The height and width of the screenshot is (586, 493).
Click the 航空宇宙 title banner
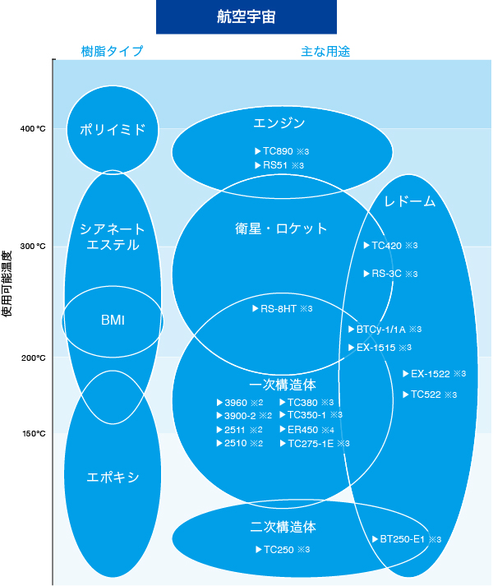point(246,16)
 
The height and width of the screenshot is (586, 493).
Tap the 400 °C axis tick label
point(33,129)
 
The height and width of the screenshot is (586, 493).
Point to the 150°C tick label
point(34,433)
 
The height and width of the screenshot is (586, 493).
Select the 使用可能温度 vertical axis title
point(7,284)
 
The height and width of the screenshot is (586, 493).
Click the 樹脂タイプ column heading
point(112,51)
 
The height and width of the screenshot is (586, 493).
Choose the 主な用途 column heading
point(325,52)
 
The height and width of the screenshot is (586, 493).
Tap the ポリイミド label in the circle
point(113,130)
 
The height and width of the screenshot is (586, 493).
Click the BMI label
point(113,321)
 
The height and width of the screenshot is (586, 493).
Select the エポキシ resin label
point(113,478)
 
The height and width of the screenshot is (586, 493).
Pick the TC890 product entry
point(282,151)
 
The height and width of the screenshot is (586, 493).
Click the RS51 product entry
point(279,165)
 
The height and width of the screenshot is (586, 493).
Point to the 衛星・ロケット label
point(281,228)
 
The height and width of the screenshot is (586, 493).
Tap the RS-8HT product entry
point(283,309)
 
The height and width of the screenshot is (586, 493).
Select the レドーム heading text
point(410,201)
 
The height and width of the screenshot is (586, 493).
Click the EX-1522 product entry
point(435,374)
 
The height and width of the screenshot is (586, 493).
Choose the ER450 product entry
point(306,430)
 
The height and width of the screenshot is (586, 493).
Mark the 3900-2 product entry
point(244,416)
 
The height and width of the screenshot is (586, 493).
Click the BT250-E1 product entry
point(407,539)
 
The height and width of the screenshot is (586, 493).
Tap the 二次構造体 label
point(283,527)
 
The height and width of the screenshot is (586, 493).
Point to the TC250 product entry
point(283,549)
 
